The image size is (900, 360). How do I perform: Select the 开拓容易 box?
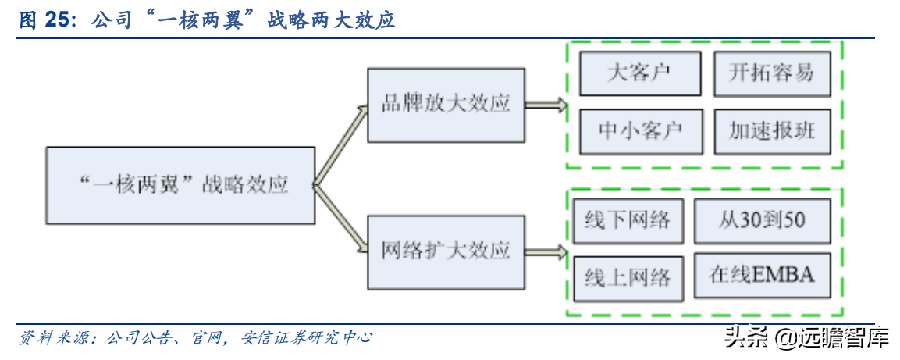tap(771, 74)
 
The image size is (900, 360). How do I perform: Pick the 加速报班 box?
tap(771, 130)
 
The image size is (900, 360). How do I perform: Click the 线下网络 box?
tap(627, 220)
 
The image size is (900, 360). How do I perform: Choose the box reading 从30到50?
tap(762, 220)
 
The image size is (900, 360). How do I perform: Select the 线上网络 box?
tap(627, 277)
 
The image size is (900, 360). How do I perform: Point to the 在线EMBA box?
tap(762, 275)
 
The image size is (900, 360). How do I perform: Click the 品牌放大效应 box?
tap(445, 105)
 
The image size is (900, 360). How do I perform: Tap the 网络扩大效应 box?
tap(445, 251)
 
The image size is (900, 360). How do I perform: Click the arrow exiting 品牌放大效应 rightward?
tap(546, 105)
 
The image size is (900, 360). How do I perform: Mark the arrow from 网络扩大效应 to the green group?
tap(546, 251)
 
